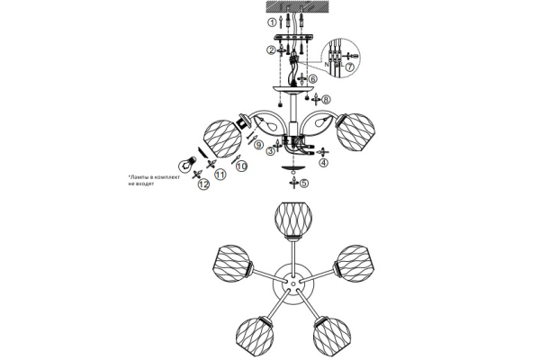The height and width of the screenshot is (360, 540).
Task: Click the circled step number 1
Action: click(x=273, y=22)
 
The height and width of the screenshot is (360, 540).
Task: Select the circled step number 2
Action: click(x=271, y=50)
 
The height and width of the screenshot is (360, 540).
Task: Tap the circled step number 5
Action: click(x=303, y=184)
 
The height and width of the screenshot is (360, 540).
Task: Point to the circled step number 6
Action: click(x=312, y=79)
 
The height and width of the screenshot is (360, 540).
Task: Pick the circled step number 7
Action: click(x=349, y=67)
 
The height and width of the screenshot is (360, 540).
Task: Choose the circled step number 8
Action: click(x=326, y=100)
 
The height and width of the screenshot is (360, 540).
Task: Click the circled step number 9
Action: click(x=259, y=145)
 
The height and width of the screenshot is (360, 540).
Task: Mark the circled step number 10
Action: click(x=242, y=166)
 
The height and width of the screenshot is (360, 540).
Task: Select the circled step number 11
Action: click(x=220, y=175)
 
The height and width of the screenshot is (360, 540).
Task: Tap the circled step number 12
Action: click(x=204, y=184)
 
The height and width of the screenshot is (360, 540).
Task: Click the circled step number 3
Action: click(x=271, y=151)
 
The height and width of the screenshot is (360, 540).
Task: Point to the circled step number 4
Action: click(x=323, y=163)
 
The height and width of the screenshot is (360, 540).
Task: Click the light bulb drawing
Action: click(x=187, y=165)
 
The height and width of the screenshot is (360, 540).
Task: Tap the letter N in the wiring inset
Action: click(x=327, y=64)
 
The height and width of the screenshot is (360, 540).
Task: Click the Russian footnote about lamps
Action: click(x=154, y=181)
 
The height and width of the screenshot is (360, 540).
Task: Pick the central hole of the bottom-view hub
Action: click(x=292, y=284)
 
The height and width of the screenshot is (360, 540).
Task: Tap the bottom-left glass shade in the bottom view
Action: click(x=255, y=334)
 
